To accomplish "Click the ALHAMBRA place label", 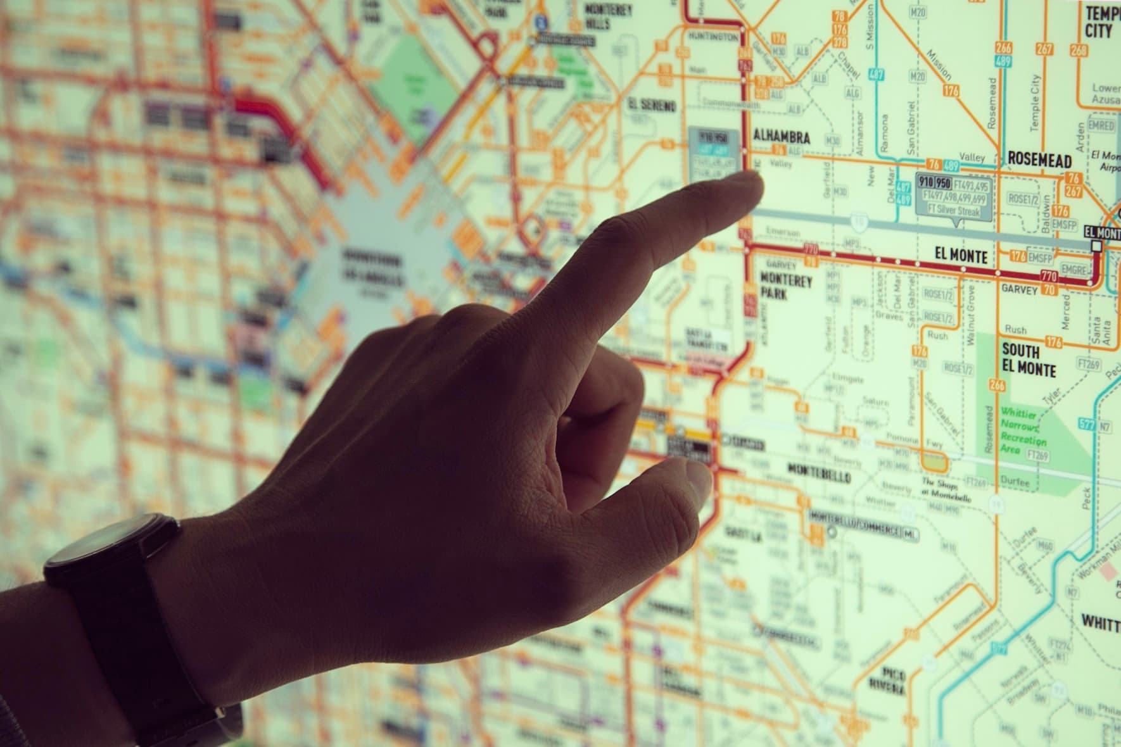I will tap(781, 137).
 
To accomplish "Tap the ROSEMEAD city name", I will tap(1039, 160).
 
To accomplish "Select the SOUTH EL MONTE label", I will tap(1029, 360).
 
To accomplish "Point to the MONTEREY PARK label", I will tap(785, 286).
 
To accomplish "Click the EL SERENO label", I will tap(652, 104).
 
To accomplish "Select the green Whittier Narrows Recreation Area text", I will tap(1023, 430).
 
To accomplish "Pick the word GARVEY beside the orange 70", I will tap(1019, 289).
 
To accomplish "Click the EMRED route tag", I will tap(1101, 125).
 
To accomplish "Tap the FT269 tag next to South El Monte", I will tap(1088, 364).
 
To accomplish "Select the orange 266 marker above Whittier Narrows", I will tap(997, 385).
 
